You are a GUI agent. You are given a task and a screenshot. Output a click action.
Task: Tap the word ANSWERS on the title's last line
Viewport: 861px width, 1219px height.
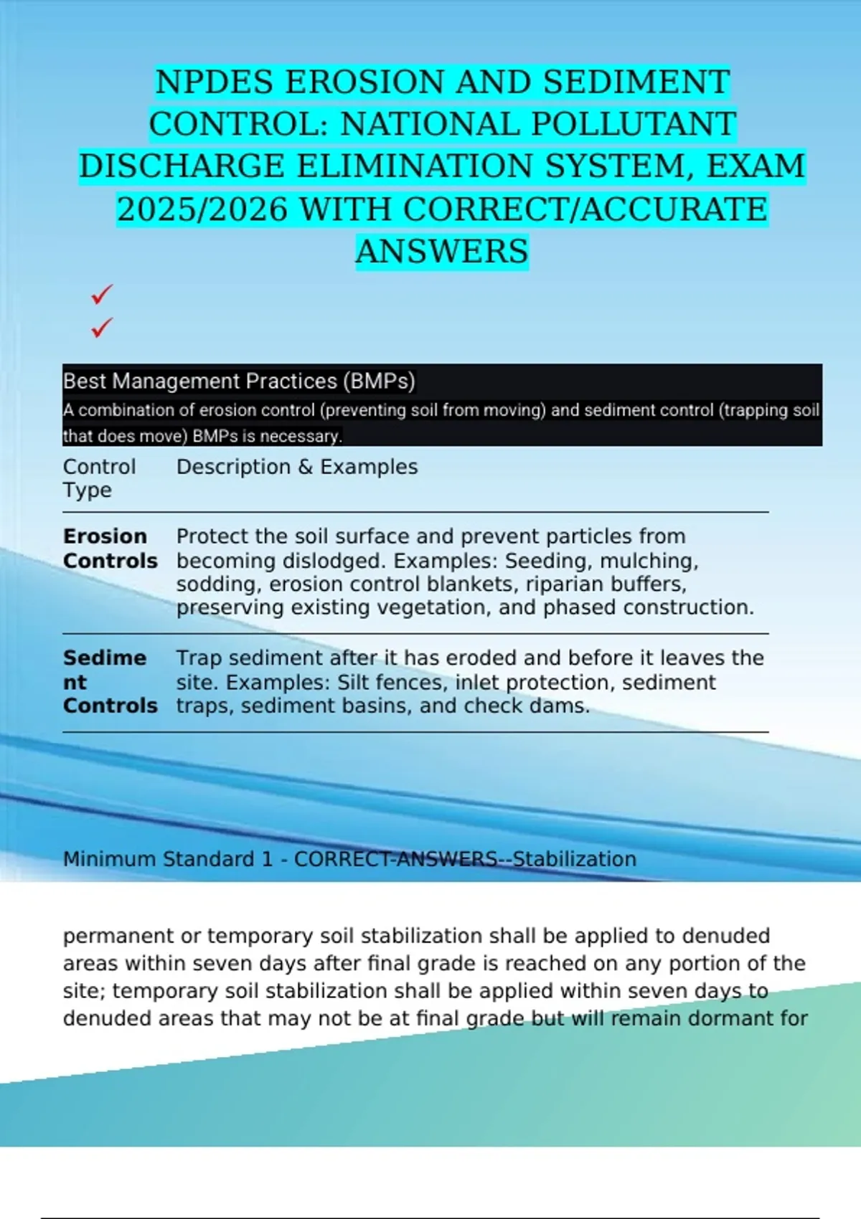point(442,252)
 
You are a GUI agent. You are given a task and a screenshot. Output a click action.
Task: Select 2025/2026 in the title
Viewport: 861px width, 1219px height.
point(202,209)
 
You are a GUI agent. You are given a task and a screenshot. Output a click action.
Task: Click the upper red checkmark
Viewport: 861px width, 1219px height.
point(102,294)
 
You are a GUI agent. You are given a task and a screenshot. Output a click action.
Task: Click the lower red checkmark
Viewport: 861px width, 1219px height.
point(102,328)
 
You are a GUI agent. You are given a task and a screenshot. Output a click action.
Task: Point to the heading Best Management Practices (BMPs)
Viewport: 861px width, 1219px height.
point(239,381)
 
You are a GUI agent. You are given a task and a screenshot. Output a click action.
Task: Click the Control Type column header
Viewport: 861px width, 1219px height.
point(99,478)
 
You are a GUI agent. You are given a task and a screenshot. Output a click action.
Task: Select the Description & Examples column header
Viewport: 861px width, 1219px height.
point(297,467)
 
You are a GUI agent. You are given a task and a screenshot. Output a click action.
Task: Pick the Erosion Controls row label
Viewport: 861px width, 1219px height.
point(110,548)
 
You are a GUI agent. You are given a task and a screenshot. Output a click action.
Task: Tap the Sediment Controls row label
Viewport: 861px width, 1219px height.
point(110,681)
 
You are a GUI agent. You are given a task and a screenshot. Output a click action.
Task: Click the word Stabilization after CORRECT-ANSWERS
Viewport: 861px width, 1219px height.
point(574,859)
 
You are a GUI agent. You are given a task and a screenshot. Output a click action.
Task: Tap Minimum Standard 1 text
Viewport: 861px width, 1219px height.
point(168,859)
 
